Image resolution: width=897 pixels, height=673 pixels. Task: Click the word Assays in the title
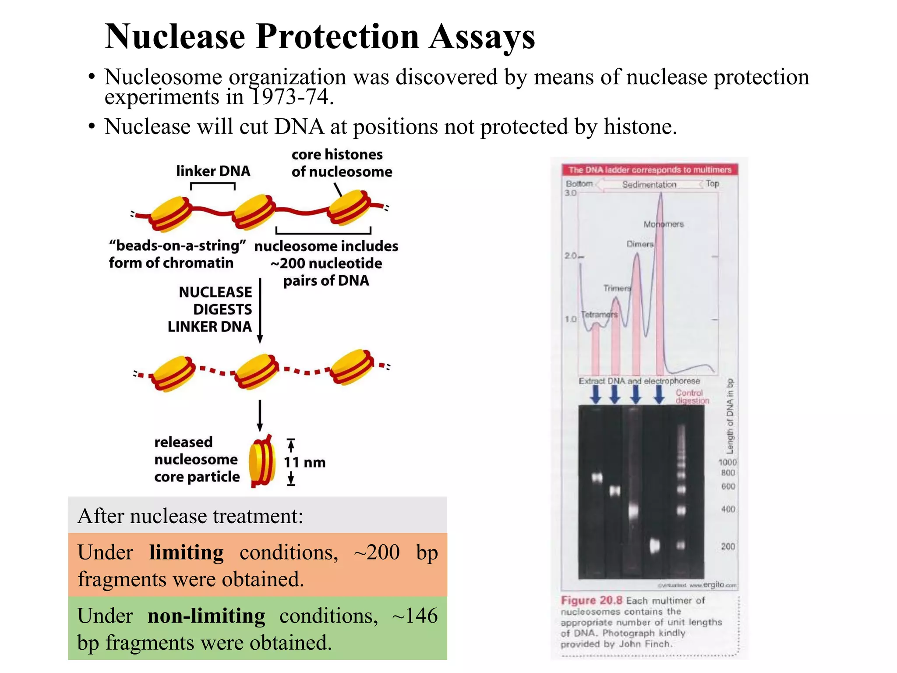pyautogui.click(x=482, y=37)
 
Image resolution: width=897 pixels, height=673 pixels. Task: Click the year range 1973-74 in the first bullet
pyautogui.click(x=291, y=97)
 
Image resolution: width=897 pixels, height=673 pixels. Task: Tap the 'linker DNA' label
pyautogui.click(x=213, y=171)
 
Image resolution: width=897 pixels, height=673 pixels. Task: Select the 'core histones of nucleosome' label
pyautogui.click(x=342, y=163)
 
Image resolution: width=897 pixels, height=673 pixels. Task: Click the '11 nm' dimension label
pyautogui.click(x=305, y=462)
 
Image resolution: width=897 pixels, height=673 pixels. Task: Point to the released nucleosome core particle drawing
pyautogui.click(x=262, y=461)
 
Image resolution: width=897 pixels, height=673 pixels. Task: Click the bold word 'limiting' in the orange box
pyautogui.click(x=186, y=553)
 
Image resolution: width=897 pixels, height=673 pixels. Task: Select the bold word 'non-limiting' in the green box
pyautogui.click(x=206, y=616)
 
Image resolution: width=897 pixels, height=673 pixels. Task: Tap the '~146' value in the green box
pyautogui.click(x=414, y=616)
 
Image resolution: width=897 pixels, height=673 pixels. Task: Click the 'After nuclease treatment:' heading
pyautogui.click(x=190, y=516)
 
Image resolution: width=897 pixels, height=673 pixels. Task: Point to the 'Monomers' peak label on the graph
pyautogui.click(x=664, y=224)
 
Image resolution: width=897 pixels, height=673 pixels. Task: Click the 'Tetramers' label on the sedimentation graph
pyautogui.click(x=599, y=315)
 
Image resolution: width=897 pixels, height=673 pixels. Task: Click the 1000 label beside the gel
pyautogui.click(x=727, y=462)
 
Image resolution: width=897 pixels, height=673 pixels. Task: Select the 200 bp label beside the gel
pyautogui.click(x=728, y=546)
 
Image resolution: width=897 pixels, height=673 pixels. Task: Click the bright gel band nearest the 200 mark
pyautogui.click(x=654, y=546)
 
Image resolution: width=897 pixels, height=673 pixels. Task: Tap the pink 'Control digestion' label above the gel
pyautogui.click(x=691, y=397)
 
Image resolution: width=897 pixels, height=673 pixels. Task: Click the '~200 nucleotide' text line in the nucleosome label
pyautogui.click(x=326, y=263)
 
